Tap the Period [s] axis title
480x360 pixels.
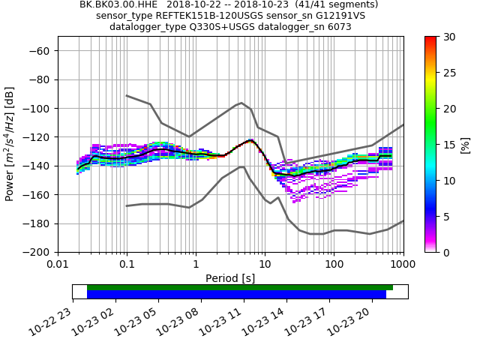[x=230, y=278]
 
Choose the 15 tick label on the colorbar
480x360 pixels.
[x=445, y=145]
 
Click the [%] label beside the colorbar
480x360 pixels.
[x=464, y=144]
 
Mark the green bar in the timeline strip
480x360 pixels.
[x=240, y=287]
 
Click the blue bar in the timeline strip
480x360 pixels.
[x=236, y=295]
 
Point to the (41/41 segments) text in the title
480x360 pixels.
[x=340, y=4]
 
